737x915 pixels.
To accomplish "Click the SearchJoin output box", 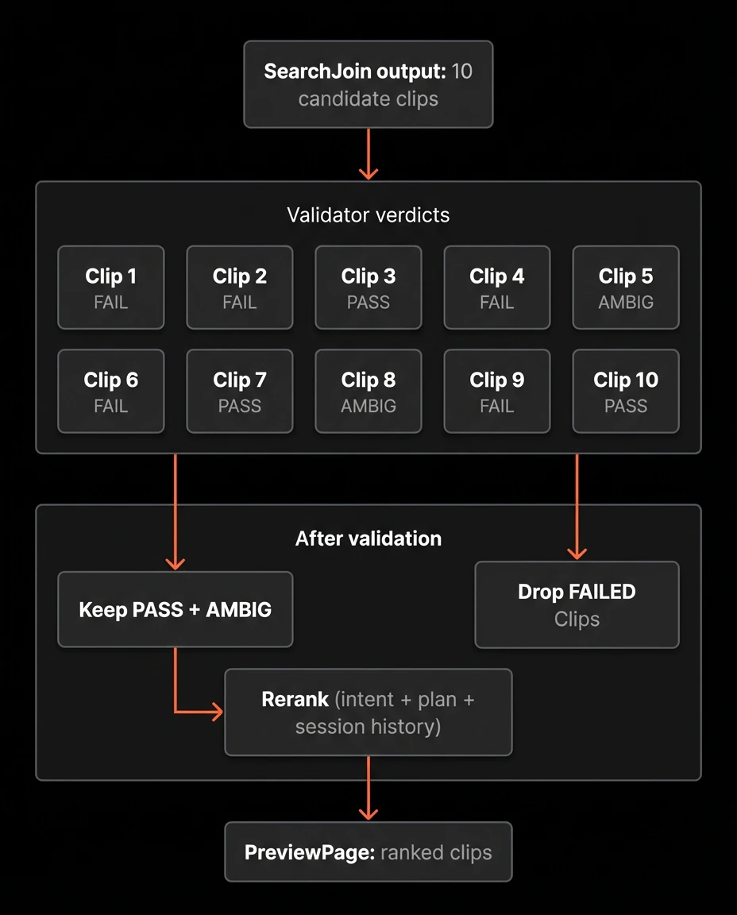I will pos(368,84).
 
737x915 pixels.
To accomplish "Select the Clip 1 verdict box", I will pos(110,288).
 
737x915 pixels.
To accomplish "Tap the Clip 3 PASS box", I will pos(368,288).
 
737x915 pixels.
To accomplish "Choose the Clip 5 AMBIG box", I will pos(625,288).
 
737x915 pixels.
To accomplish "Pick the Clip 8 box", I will pos(368,392).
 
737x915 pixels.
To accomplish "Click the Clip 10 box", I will pos(625,392).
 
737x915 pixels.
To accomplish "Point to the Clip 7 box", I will pos(239,392).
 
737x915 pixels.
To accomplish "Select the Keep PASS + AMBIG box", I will pos(175,609).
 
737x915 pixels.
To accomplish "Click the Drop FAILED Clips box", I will pos(577,604).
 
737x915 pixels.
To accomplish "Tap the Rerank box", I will pos(368,712).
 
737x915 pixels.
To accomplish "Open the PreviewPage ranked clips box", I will pos(368,852).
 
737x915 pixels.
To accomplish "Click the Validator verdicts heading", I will pos(368,214).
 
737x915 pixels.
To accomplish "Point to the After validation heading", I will pos(368,539).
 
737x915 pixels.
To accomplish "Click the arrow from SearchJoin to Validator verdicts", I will pos(368,154).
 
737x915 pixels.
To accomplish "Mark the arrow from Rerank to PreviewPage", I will pos(368,788).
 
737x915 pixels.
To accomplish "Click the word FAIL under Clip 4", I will pos(496,303).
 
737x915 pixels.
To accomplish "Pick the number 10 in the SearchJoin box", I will pos(461,71).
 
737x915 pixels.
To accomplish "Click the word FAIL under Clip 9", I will pos(496,407).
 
